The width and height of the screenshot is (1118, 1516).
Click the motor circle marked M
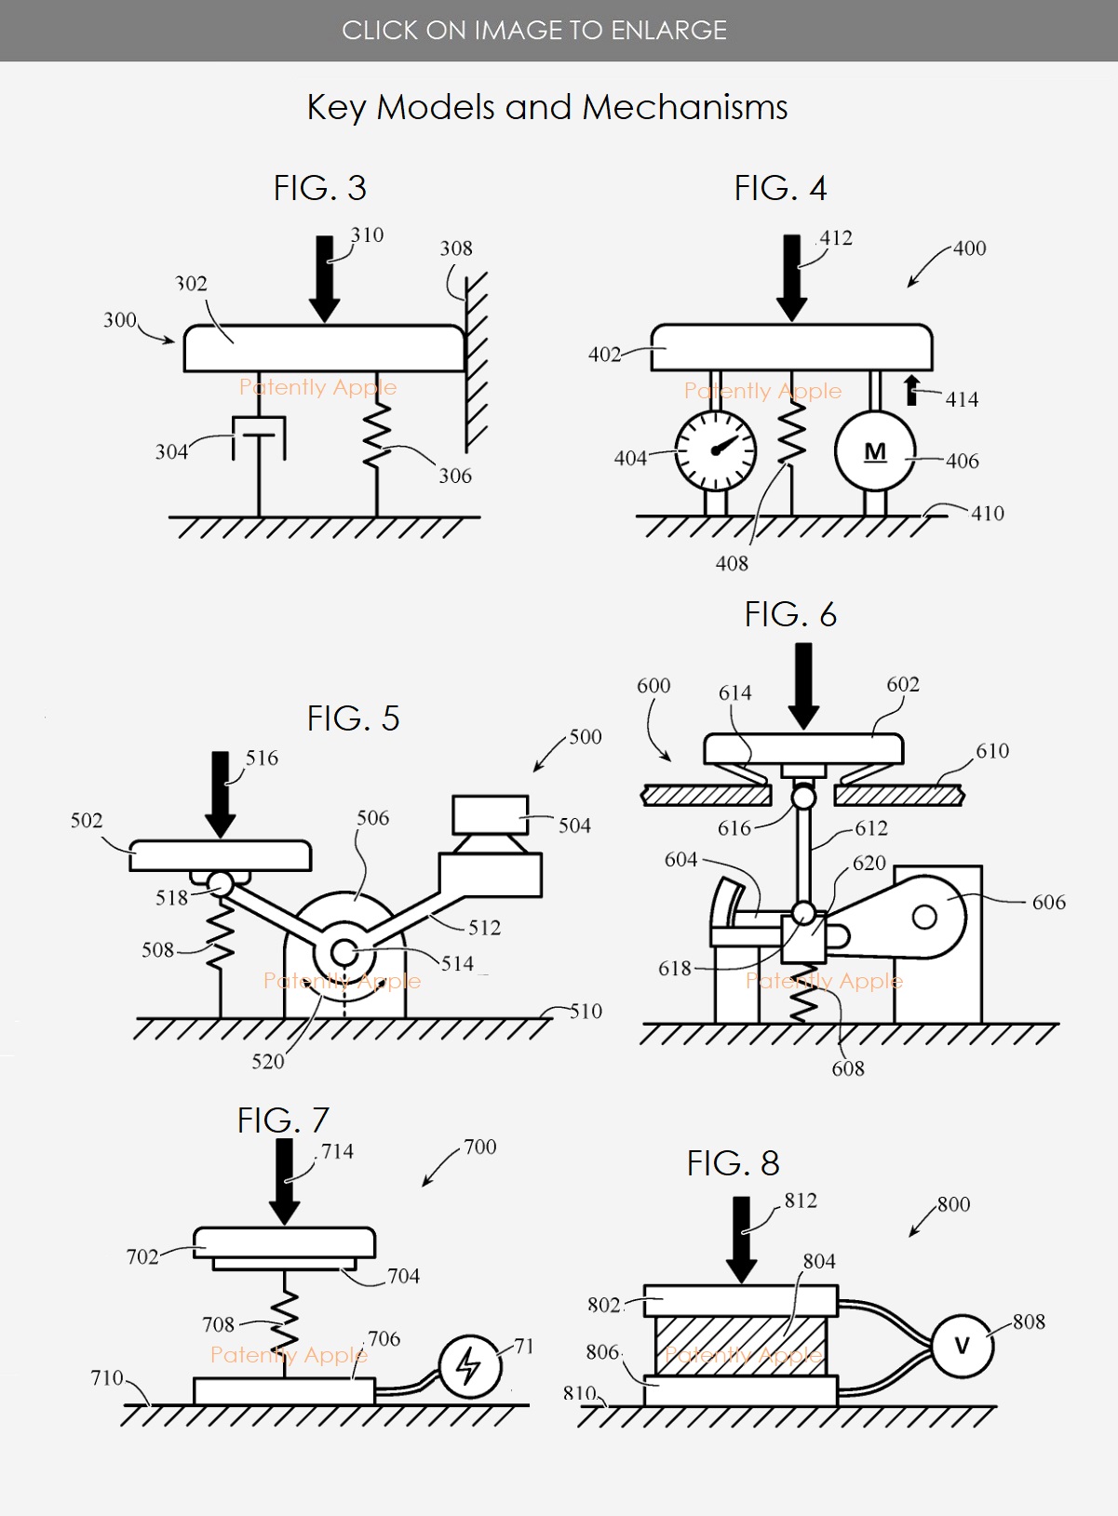tap(875, 450)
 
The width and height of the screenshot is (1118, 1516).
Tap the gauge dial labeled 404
tap(716, 450)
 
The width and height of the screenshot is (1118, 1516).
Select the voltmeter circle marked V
tap(963, 1346)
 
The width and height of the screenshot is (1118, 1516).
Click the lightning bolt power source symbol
tap(471, 1366)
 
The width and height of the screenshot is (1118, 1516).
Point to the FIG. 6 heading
tap(790, 614)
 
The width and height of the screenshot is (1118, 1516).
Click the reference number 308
tap(456, 248)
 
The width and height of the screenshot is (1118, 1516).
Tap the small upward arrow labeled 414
tap(912, 390)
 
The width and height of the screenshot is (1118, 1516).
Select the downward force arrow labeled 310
tap(324, 279)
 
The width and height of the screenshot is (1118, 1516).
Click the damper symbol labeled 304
tap(259, 438)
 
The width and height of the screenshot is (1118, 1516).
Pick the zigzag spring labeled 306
tap(376, 436)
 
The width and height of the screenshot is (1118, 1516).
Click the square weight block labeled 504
tap(491, 814)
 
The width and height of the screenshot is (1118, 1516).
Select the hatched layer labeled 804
tap(741, 1346)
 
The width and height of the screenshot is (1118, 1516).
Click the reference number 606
tap(1048, 902)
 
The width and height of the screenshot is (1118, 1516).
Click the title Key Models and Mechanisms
tap(547, 107)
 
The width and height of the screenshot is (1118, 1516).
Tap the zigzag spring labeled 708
tap(285, 1320)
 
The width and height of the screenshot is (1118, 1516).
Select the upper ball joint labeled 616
tap(803, 797)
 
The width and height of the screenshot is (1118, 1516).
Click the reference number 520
tap(267, 1061)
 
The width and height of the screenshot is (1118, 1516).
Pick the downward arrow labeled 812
tap(742, 1240)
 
